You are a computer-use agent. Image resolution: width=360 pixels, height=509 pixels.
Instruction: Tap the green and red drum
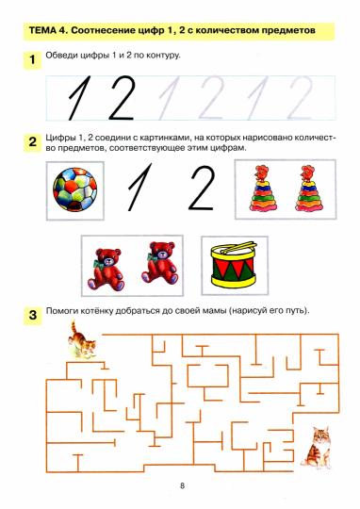tap(234, 266)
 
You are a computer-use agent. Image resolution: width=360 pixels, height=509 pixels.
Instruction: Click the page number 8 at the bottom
tap(183, 486)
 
